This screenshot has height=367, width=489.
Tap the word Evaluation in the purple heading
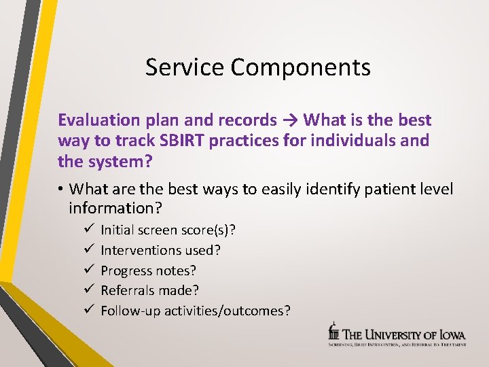[x=98, y=120]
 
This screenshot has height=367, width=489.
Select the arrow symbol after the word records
[x=290, y=120]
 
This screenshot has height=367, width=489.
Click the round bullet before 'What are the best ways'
[x=62, y=189]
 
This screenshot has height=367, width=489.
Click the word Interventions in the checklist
[x=138, y=250]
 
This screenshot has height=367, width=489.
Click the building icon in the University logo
[x=333, y=331]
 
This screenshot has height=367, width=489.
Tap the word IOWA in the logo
[x=451, y=334]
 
